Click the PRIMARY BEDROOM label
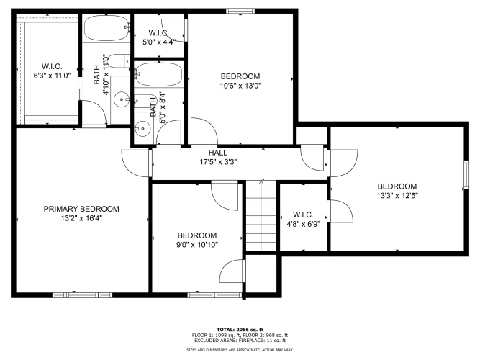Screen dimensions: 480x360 pyautogui.click(x=81, y=209)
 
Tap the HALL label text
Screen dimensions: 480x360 pyautogui.click(x=218, y=153)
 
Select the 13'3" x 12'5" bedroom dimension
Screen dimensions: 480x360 pyautogui.click(x=397, y=195)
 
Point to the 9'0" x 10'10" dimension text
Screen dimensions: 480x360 pyautogui.click(x=197, y=245)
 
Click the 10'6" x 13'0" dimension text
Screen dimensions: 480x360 pyautogui.click(x=240, y=86)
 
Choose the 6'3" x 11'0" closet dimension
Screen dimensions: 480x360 pyautogui.click(x=52, y=76)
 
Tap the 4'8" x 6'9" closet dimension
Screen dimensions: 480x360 pyautogui.click(x=304, y=224)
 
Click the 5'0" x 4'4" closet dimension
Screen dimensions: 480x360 pyautogui.click(x=159, y=42)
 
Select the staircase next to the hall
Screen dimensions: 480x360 pyautogui.click(x=261, y=216)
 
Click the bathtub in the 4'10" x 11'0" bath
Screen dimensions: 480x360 pyautogui.click(x=107, y=28)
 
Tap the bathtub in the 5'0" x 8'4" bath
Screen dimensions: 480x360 pyautogui.click(x=158, y=74)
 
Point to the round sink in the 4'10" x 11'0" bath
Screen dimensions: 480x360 pyautogui.click(x=122, y=99)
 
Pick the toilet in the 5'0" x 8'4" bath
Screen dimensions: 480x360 pyautogui.click(x=145, y=101)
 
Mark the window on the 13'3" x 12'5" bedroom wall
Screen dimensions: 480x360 pyautogui.click(x=466, y=175)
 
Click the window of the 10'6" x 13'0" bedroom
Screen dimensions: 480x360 pyautogui.click(x=240, y=11)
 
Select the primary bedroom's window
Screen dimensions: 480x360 pyautogui.click(x=82, y=295)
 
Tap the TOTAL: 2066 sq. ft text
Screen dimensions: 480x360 pyautogui.click(x=240, y=330)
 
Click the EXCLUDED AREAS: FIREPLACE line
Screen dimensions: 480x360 pyautogui.click(x=240, y=341)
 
